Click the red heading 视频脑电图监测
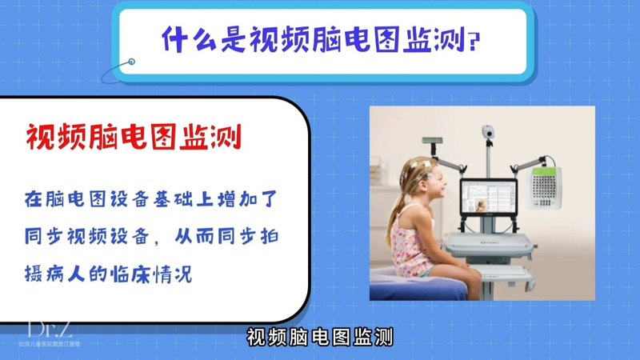[134, 138]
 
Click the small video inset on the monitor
[480, 206]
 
